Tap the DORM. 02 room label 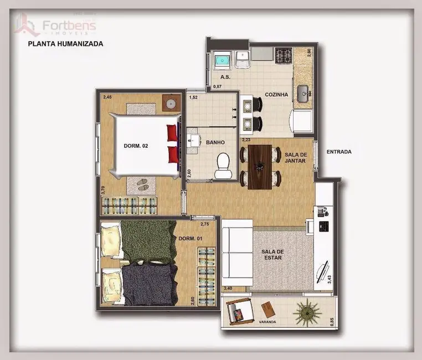(x=136, y=146)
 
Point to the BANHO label (x=215, y=142)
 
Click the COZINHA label (x=276, y=95)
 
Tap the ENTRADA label (x=339, y=152)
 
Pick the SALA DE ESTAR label (x=271, y=255)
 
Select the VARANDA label (x=267, y=321)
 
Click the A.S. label (x=225, y=77)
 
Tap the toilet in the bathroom (x=223, y=166)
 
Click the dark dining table (x=260, y=166)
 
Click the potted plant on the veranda (x=306, y=312)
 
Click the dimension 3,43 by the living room (x=330, y=279)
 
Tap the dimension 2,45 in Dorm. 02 (x=107, y=97)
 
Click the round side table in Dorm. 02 (x=170, y=104)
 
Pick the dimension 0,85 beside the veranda (x=332, y=321)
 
